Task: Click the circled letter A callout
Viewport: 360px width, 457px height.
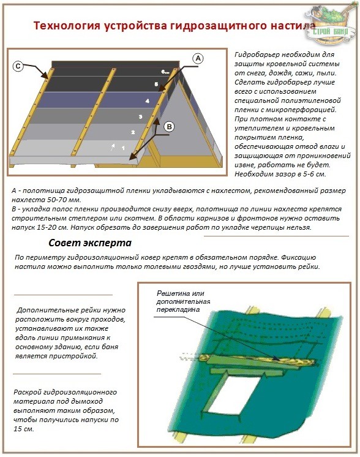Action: [198, 58]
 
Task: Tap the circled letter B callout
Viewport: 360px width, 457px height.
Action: [169, 126]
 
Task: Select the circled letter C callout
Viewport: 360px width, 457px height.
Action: [18, 66]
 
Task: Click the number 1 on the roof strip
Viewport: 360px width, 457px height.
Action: [123, 148]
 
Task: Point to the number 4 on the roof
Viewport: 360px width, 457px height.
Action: [148, 101]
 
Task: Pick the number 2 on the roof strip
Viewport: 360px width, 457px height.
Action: [133, 132]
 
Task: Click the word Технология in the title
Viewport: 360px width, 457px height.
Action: [67, 26]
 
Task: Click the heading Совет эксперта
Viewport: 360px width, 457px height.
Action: [90, 243]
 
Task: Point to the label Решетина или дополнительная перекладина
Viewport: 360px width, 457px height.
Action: [183, 301]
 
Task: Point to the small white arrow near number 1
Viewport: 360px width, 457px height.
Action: [113, 147]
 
